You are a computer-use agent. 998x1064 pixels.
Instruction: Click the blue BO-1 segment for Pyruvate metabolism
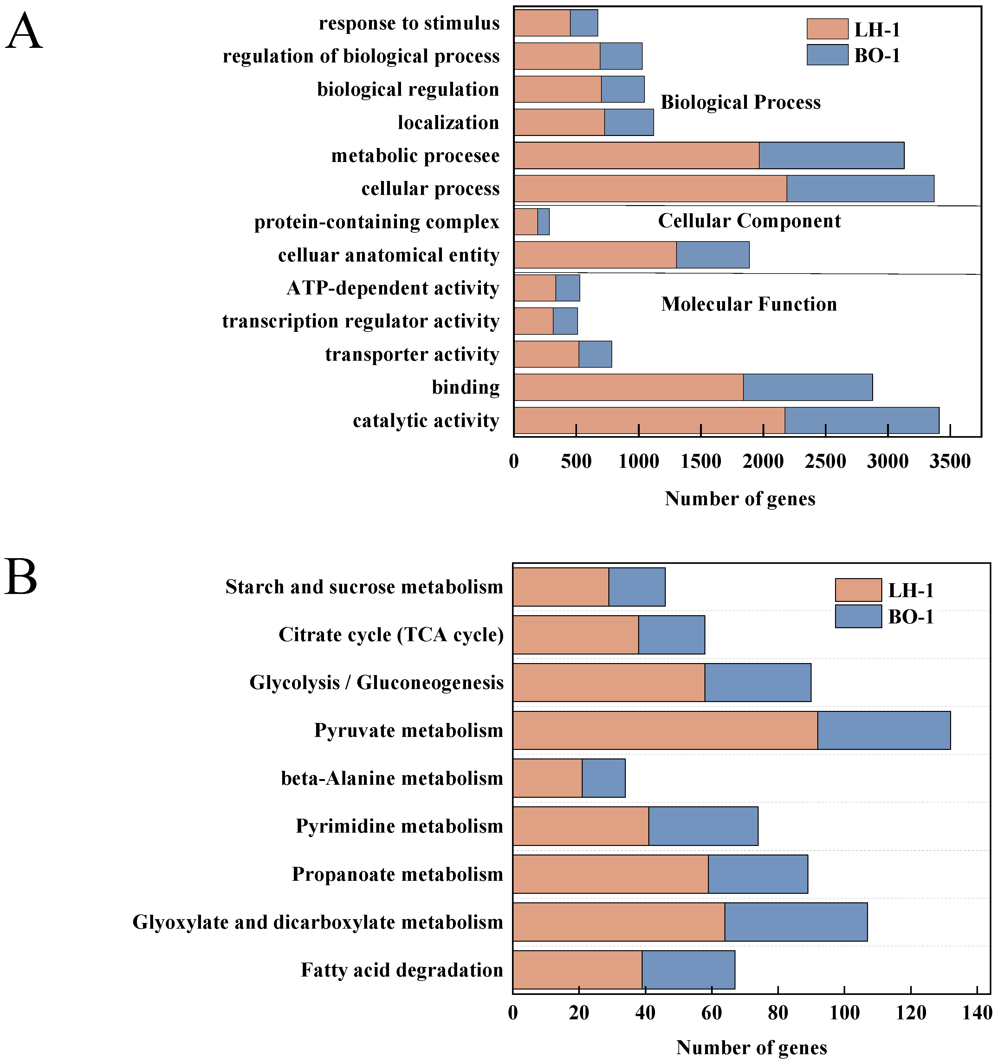(x=884, y=730)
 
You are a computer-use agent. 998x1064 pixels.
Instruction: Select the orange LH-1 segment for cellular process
(x=650, y=188)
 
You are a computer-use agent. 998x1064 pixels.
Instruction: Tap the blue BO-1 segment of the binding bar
(x=808, y=387)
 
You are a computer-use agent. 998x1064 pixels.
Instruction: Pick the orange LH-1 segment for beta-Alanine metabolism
(x=547, y=778)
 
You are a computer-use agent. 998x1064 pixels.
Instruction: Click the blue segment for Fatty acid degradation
(x=689, y=970)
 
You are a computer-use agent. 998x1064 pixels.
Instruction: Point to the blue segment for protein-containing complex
(x=543, y=222)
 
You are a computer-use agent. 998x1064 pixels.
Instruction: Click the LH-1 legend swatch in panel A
(x=827, y=29)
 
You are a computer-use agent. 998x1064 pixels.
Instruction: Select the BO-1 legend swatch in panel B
(x=858, y=616)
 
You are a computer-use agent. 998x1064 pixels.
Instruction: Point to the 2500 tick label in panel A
(x=826, y=461)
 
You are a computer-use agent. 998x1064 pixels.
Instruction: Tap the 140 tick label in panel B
(x=977, y=1013)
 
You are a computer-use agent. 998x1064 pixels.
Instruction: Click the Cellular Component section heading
(x=749, y=221)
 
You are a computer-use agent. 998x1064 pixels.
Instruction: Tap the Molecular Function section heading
(x=749, y=304)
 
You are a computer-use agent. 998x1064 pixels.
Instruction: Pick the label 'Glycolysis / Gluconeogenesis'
(x=376, y=682)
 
